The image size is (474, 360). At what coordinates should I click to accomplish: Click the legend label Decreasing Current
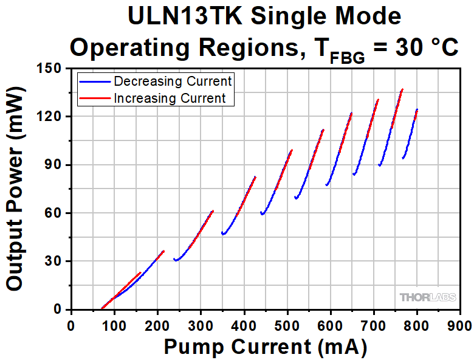[173, 81]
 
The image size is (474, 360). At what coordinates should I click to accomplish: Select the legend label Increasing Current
[170, 97]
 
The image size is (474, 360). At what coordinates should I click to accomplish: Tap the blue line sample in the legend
[95, 81]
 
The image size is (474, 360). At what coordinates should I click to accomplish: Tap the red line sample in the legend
[95, 97]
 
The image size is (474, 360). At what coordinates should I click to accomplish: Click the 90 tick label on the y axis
[55, 165]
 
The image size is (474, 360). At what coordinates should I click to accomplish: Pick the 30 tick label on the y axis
[55, 261]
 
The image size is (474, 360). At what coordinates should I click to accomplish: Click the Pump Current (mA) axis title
[265, 347]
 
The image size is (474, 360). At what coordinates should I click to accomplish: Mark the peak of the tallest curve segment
[402, 89]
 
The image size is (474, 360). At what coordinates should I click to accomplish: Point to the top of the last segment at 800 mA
[417, 110]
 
